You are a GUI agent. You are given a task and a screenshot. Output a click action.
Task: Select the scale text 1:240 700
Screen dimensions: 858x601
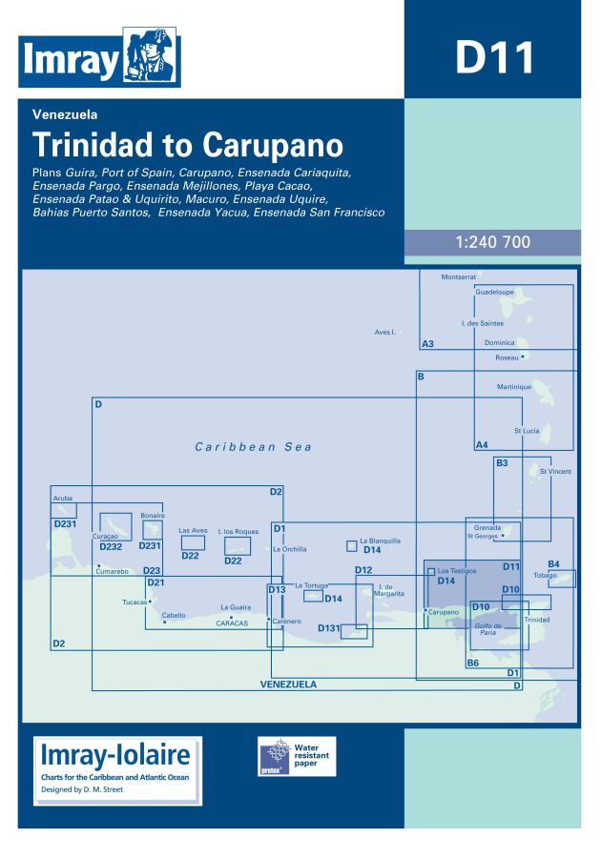492,242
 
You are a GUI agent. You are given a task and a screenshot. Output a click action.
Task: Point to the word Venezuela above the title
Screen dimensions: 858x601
64,115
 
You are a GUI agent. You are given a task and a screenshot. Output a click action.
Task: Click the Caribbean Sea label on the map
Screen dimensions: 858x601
253,446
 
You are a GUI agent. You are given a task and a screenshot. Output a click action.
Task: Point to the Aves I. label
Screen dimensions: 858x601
385,332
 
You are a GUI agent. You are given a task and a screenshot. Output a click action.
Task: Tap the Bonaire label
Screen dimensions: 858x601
153,515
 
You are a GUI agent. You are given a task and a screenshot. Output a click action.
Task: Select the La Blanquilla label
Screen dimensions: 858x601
380,541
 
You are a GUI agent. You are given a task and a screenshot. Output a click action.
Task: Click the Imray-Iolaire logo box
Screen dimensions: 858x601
117,770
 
